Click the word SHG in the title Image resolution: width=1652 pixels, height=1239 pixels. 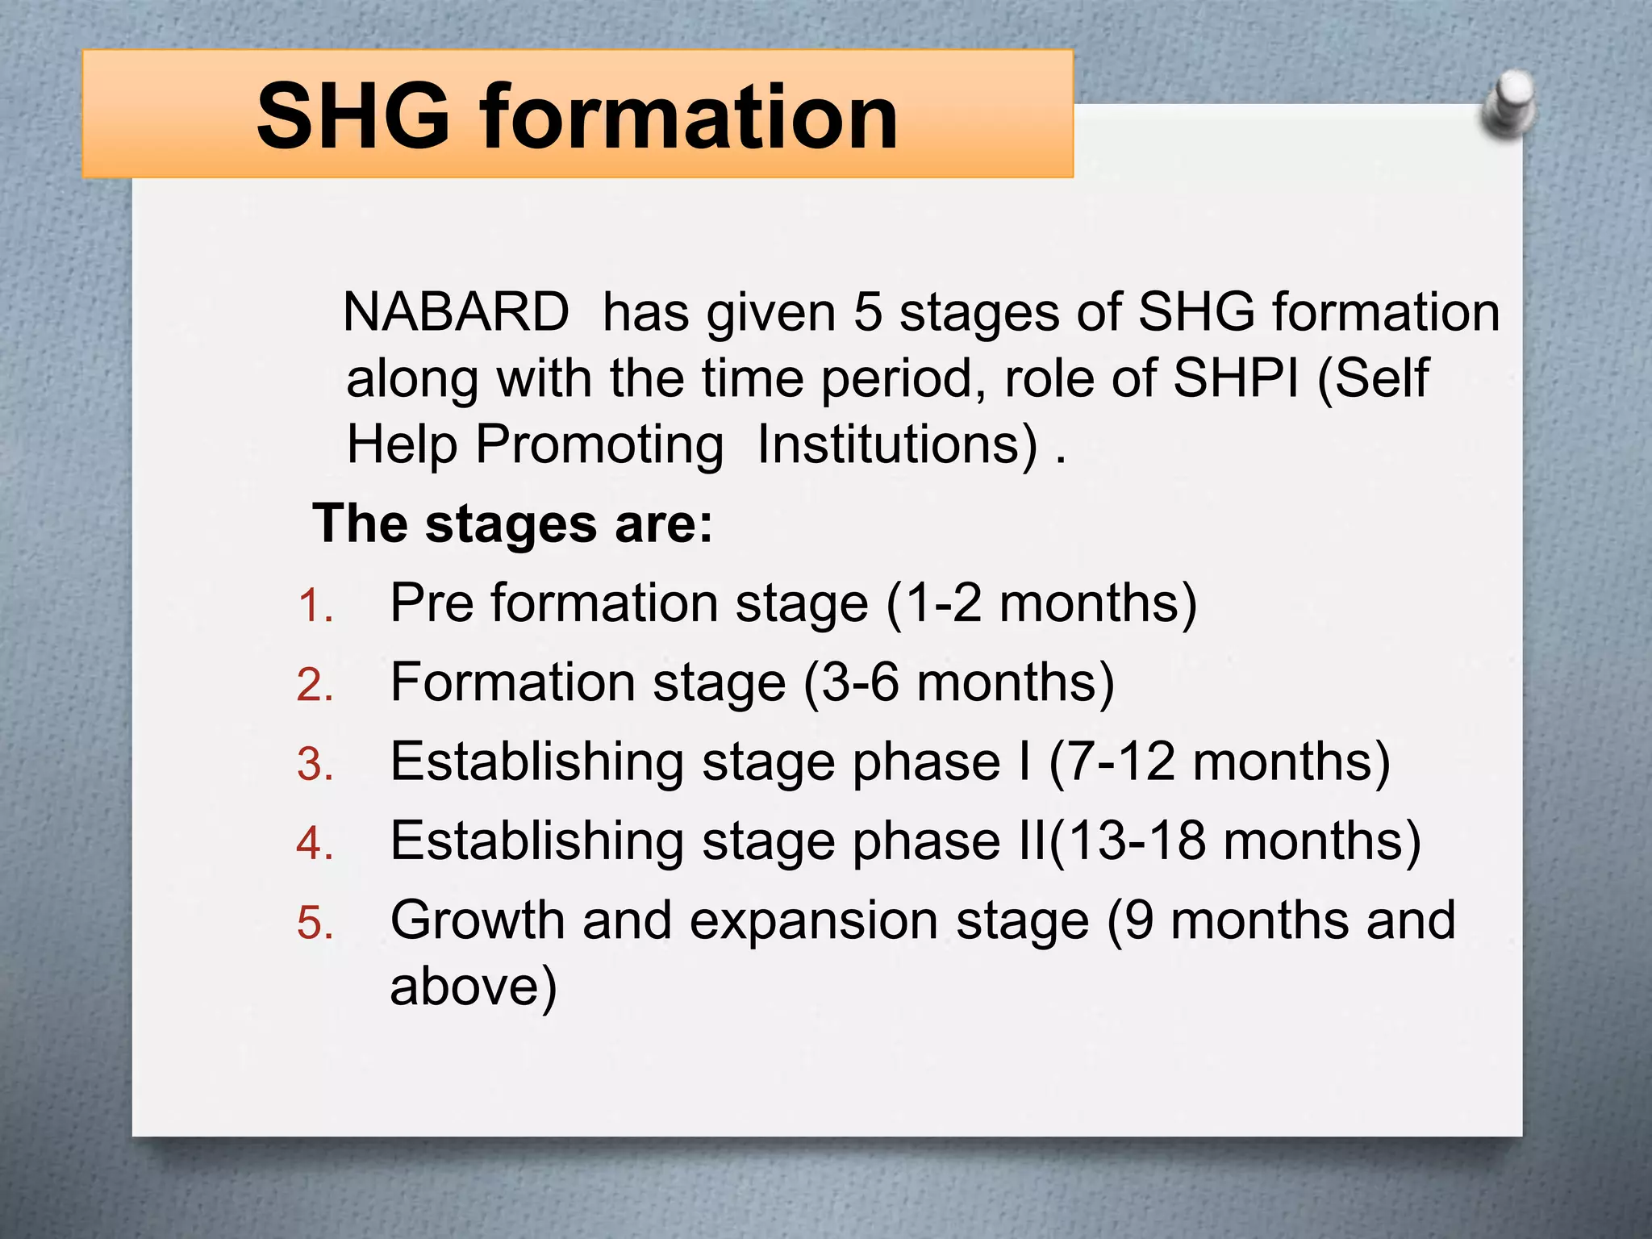(353, 117)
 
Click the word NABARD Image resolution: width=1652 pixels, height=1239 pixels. (456, 312)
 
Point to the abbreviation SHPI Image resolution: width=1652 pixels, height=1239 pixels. (1236, 378)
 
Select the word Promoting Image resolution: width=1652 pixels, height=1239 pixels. (599, 445)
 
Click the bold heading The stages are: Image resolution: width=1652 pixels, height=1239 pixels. (513, 524)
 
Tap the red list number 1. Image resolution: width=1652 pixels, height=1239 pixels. (315, 606)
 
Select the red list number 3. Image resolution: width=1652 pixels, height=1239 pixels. (315, 764)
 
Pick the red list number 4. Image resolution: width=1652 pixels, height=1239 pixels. (315, 843)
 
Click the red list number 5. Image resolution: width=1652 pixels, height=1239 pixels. (315, 922)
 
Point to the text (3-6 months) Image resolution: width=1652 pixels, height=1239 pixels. (958, 683)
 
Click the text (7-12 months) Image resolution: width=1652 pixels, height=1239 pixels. (1220, 762)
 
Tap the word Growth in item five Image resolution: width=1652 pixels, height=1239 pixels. (477, 920)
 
